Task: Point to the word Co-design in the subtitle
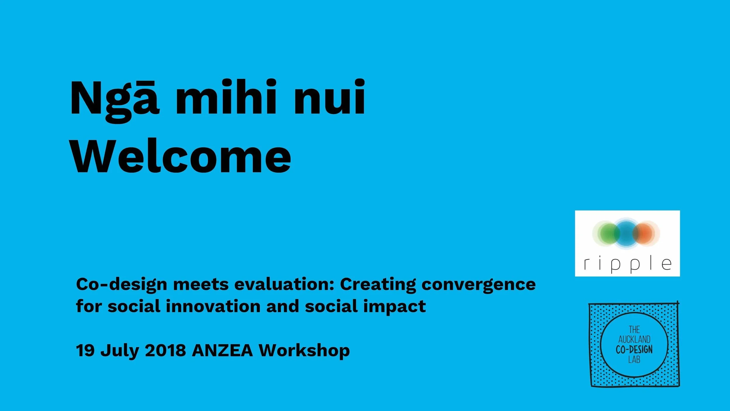tap(121, 284)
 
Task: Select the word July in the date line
tap(119, 350)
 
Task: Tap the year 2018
tap(165, 350)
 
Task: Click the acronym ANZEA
tap(222, 350)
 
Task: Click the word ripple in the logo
tap(628, 264)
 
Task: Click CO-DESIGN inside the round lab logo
tap(634, 350)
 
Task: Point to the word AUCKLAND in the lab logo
tap(634, 339)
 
